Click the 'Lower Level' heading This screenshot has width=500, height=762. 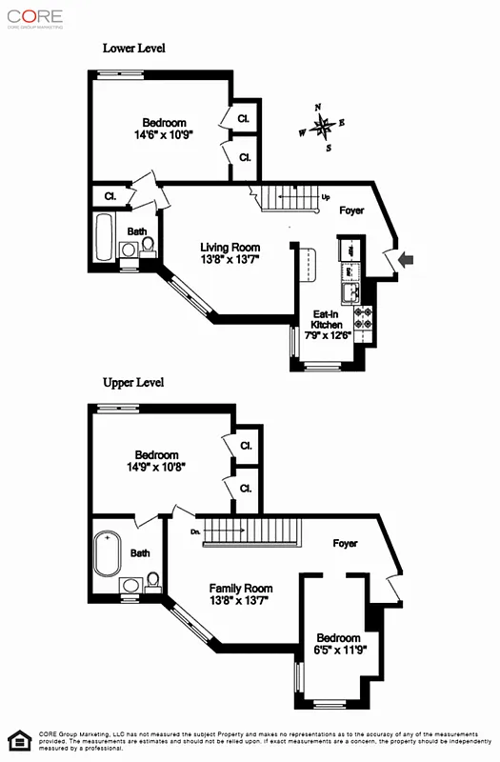coord(133,48)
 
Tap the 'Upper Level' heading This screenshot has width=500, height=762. coord(133,383)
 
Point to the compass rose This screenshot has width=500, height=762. coord(324,125)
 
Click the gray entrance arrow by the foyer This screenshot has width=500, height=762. coord(406,259)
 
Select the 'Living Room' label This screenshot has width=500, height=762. coord(230,248)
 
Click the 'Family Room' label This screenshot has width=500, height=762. coord(241,589)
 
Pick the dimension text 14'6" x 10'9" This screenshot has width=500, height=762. coord(164,135)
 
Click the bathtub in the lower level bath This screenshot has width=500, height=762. coord(104,236)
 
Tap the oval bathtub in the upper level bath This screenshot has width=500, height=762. coord(106,553)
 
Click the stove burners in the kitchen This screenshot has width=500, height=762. coord(363,318)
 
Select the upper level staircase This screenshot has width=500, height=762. coord(252,530)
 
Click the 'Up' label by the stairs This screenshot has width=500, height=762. coord(326,198)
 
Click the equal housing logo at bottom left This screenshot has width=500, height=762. coord(18,740)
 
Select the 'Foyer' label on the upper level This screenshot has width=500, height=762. coord(345,544)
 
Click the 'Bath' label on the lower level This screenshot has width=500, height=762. coord(138,231)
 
